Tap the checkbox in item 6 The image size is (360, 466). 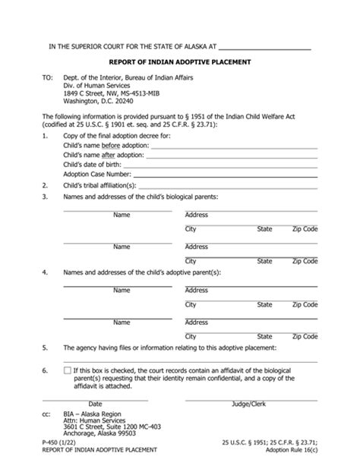(68, 370)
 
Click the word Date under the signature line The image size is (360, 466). (95, 403)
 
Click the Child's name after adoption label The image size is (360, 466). (103, 154)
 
